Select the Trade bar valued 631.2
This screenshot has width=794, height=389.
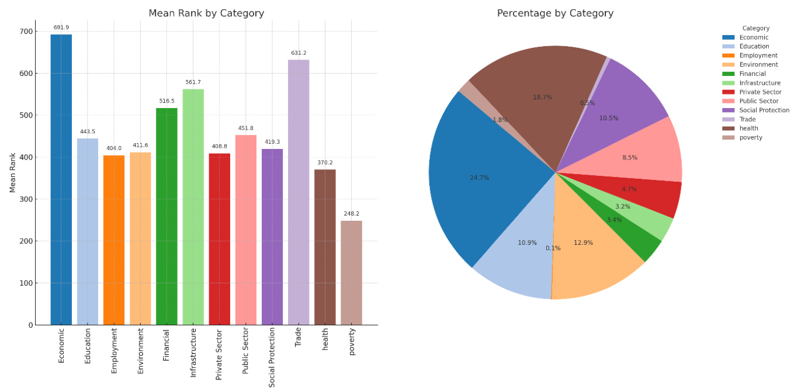pyautogui.click(x=299, y=192)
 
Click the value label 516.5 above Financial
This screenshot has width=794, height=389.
pyautogui.click(x=167, y=101)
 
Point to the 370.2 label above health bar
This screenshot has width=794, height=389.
pyautogui.click(x=325, y=162)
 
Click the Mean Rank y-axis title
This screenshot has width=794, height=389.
pyautogui.click(x=13, y=172)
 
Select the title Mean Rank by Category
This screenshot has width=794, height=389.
pyautogui.click(x=206, y=13)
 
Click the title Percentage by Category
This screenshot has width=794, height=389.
pyautogui.click(x=555, y=13)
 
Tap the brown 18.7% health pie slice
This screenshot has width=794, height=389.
pyautogui.click(x=538, y=88)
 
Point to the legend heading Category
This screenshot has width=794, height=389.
pyautogui.click(x=755, y=28)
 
